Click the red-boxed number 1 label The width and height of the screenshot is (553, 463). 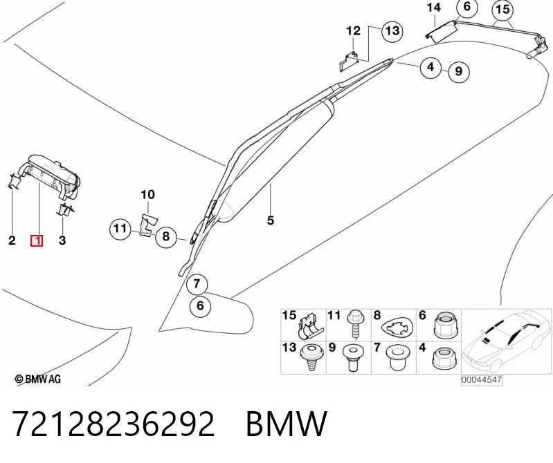(x=37, y=241)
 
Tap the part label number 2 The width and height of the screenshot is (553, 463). (x=12, y=240)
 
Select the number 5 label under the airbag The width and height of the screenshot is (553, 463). (x=270, y=220)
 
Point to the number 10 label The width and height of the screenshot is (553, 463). (x=148, y=194)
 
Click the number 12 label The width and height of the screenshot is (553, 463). (x=354, y=31)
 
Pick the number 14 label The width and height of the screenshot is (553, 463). (x=433, y=8)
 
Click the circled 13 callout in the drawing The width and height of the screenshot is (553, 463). (x=392, y=31)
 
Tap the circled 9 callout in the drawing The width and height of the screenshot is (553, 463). (x=458, y=71)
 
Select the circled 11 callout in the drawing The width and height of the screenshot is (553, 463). (x=120, y=229)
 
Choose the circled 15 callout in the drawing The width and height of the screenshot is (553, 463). (x=502, y=10)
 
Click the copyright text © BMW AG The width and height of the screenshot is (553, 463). (x=38, y=379)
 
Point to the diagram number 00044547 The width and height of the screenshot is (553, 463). (x=482, y=380)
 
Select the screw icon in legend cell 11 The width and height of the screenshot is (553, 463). (x=354, y=325)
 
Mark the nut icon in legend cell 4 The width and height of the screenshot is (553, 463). (x=442, y=359)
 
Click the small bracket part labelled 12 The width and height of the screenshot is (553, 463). (x=349, y=62)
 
